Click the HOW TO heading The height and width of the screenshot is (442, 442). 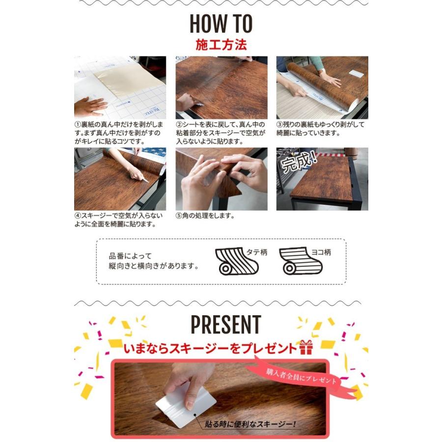(x=221, y=24)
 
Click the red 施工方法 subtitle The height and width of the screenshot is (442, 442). (x=221, y=45)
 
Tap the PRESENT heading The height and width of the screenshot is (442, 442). (x=225, y=325)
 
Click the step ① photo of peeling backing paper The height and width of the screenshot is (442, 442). (x=120, y=87)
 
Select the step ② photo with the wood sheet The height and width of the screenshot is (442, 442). (x=221, y=87)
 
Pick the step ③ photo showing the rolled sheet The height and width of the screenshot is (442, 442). (x=322, y=87)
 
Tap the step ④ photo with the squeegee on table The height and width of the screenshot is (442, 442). (x=120, y=179)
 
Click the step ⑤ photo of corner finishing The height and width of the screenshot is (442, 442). (x=221, y=179)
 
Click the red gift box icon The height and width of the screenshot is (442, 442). (x=305, y=348)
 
